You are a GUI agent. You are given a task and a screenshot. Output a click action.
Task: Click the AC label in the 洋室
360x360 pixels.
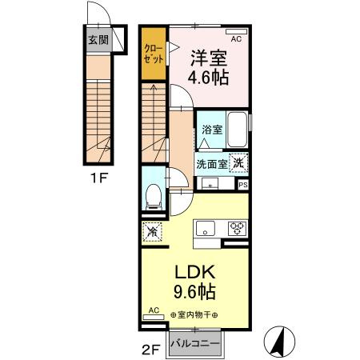coord(236,38)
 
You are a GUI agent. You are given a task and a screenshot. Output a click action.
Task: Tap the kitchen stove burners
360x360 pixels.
coord(237,228)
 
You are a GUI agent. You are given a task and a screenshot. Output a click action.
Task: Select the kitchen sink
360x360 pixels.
coord(206,228)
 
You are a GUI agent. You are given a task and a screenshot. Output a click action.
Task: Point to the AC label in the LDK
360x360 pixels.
coord(154,310)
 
